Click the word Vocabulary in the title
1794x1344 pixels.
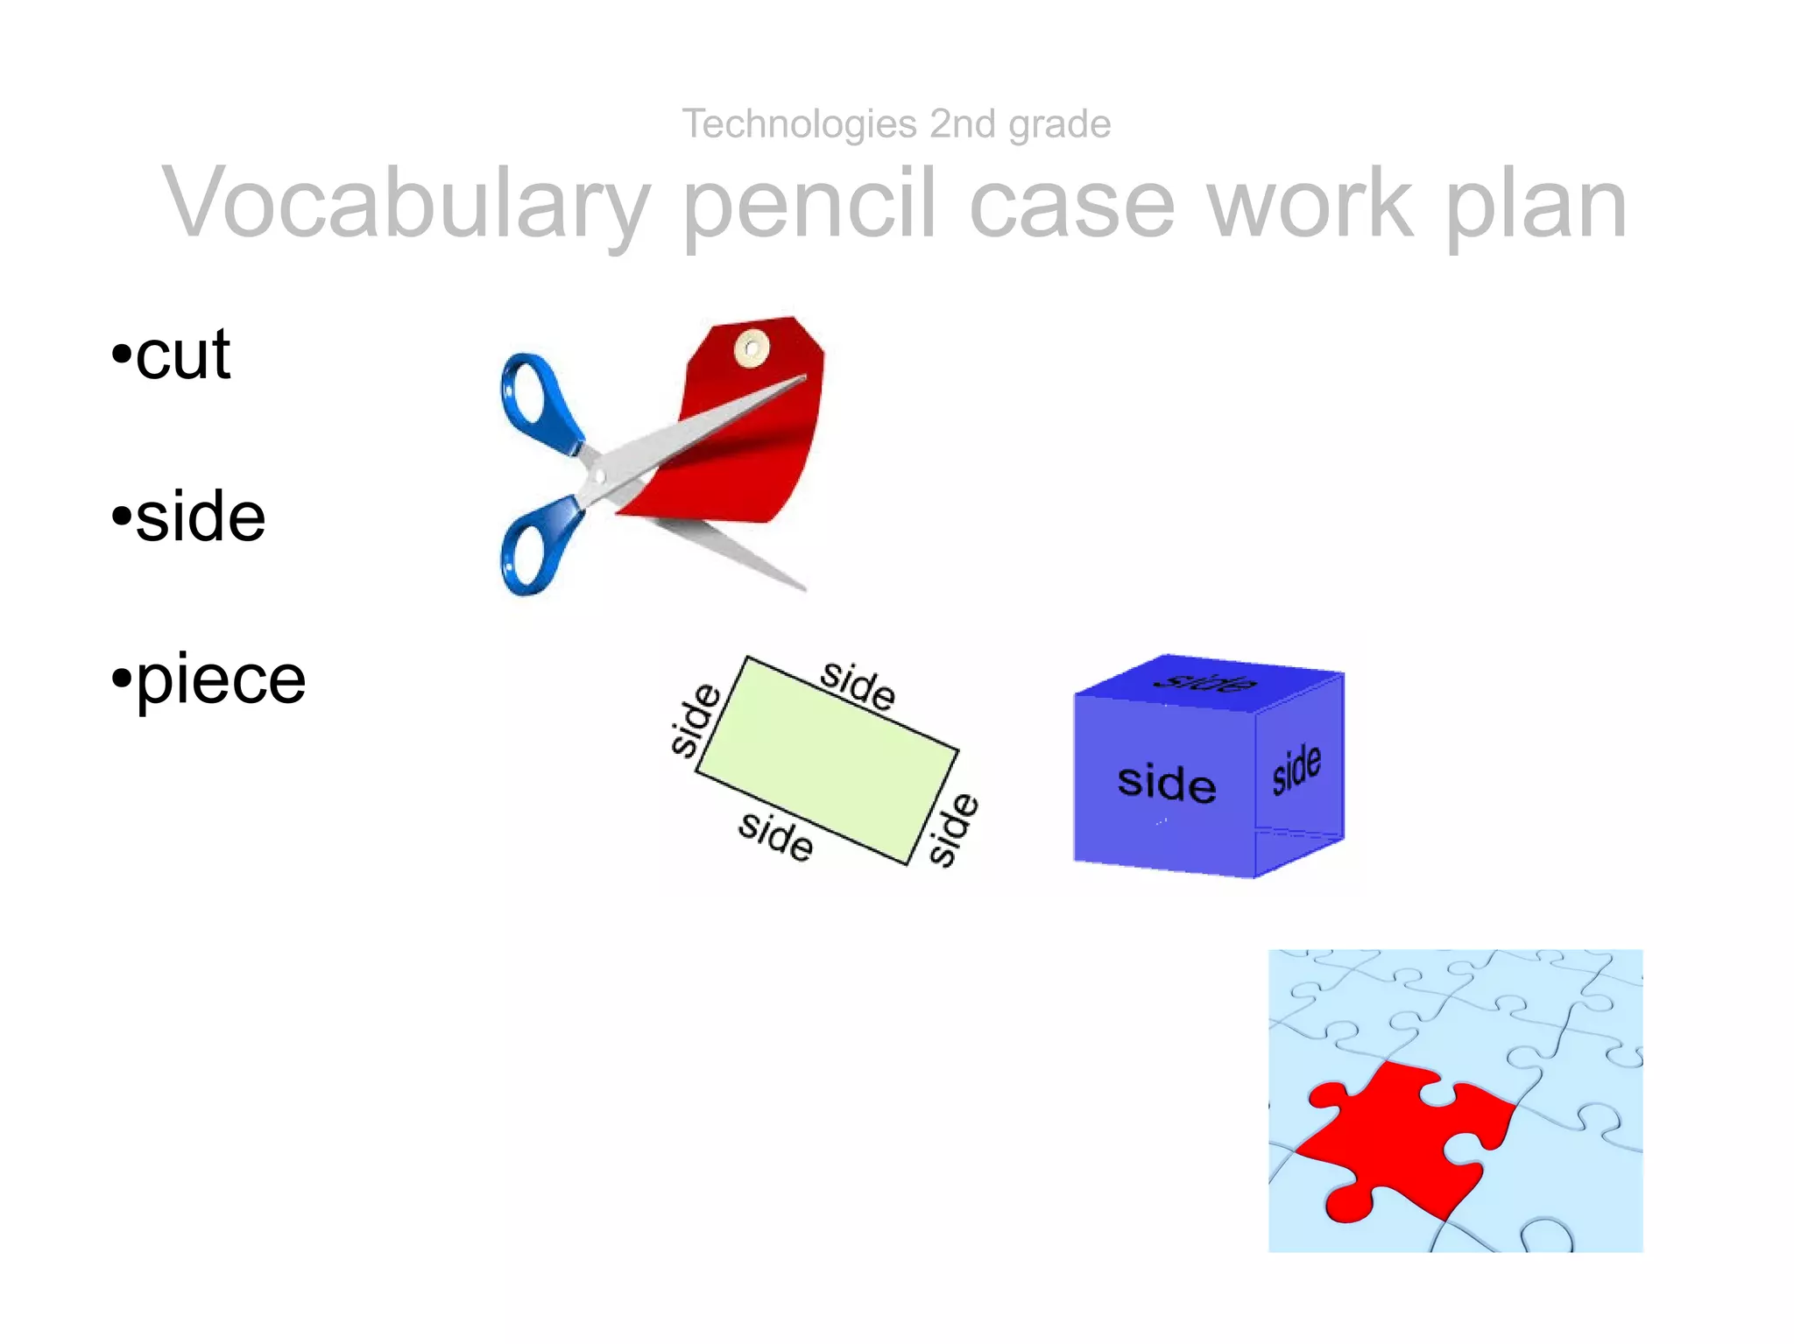pyautogui.click(x=406, y=204)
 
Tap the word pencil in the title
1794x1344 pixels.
pyautogui.click(x=809, y=204)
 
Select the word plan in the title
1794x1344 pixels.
pyautogui.click(x=1536, y=204)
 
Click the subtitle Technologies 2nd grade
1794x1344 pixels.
pyautogui.click(x=896, y=123)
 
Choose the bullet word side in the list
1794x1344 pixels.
pyautogui.click(x=200, y=517)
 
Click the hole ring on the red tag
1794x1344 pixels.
pyautogui.click(x=751, y=348)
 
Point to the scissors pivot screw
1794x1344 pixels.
pyautogui.click(x=600, y=475)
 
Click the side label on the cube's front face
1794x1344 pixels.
pyautogui.click(x=1166, y=782)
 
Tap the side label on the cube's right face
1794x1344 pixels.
pyautogui.click(x=1296, y=769)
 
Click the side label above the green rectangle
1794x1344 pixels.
pyautogui.click(x=858, y=686)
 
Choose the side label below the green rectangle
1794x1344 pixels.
pyautogui.click(x=775, y=835)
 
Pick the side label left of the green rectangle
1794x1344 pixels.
pyautogui.click(x=695, y=720)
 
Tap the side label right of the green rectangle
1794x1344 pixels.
pyautogui.click(x=953, y=828)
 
